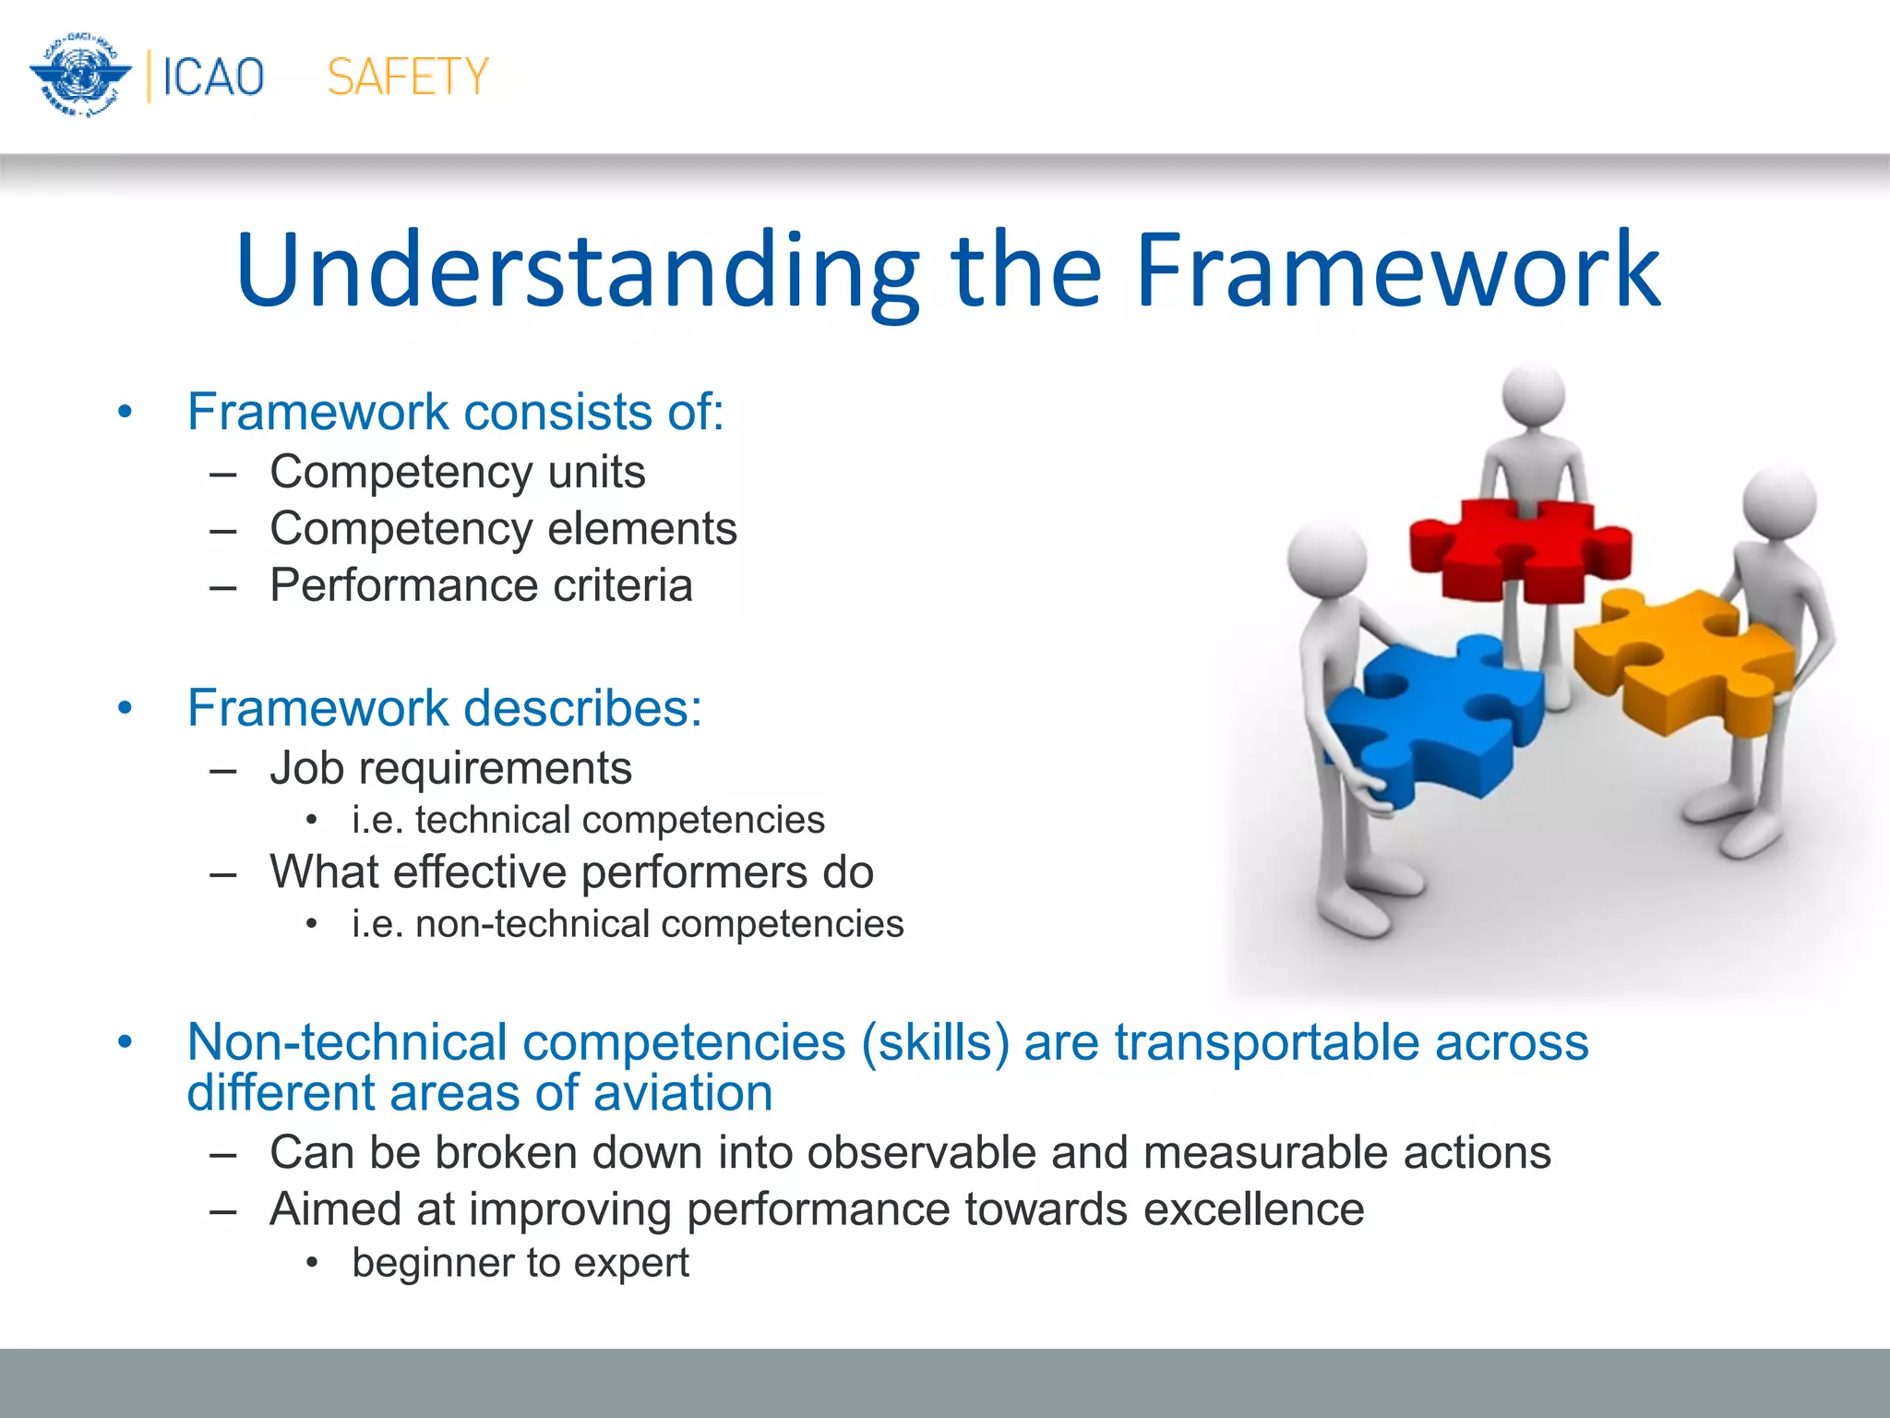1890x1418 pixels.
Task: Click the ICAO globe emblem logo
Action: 80,75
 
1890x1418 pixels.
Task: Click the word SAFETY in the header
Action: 407,77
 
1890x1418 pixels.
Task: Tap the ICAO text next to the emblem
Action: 213,77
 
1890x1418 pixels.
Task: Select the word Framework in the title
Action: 1397,270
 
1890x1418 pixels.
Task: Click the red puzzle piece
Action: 1518,550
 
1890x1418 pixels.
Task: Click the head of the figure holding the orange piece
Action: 1779,503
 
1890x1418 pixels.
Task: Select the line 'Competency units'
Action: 457,473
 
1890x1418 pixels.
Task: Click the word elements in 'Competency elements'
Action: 641,529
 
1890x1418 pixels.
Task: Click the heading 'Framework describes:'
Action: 444,708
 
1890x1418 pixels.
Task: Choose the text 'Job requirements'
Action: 450,768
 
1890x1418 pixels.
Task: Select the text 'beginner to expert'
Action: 520,1263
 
